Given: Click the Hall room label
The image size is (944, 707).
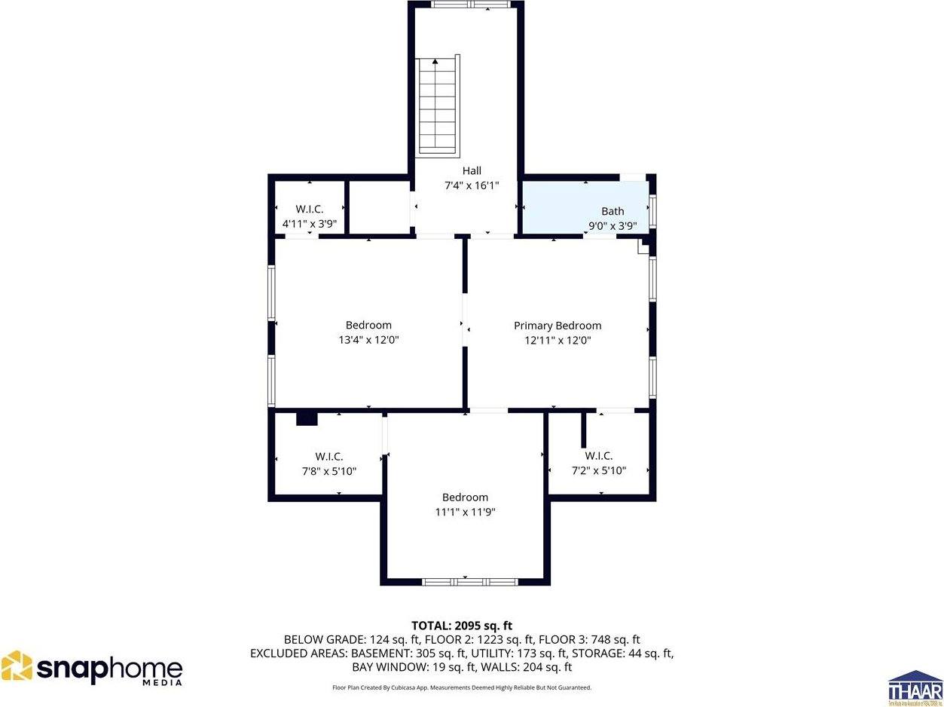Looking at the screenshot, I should (x=472, y=171).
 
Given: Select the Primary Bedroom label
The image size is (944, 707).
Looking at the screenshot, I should (x=558, y=326).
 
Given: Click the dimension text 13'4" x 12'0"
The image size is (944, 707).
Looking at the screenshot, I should (x=368, y=340).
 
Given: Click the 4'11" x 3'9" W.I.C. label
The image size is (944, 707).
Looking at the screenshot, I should (x=309, y=224).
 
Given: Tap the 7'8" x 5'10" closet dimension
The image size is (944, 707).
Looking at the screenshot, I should (x=328, y=471).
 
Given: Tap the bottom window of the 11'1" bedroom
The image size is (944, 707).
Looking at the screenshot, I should (x=469, y=581).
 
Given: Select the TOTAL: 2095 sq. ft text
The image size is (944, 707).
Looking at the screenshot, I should (x=462, y=626).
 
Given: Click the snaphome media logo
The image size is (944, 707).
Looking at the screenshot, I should (x=92, y=669).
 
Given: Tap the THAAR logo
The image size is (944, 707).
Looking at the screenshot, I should (x=915, y=687).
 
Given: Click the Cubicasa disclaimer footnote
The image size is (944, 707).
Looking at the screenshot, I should (x=462, y=687).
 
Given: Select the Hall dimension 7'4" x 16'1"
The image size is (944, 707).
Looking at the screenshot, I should (x=472, y=185).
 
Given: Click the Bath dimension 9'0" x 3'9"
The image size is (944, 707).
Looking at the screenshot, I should (x=613, y=225).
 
